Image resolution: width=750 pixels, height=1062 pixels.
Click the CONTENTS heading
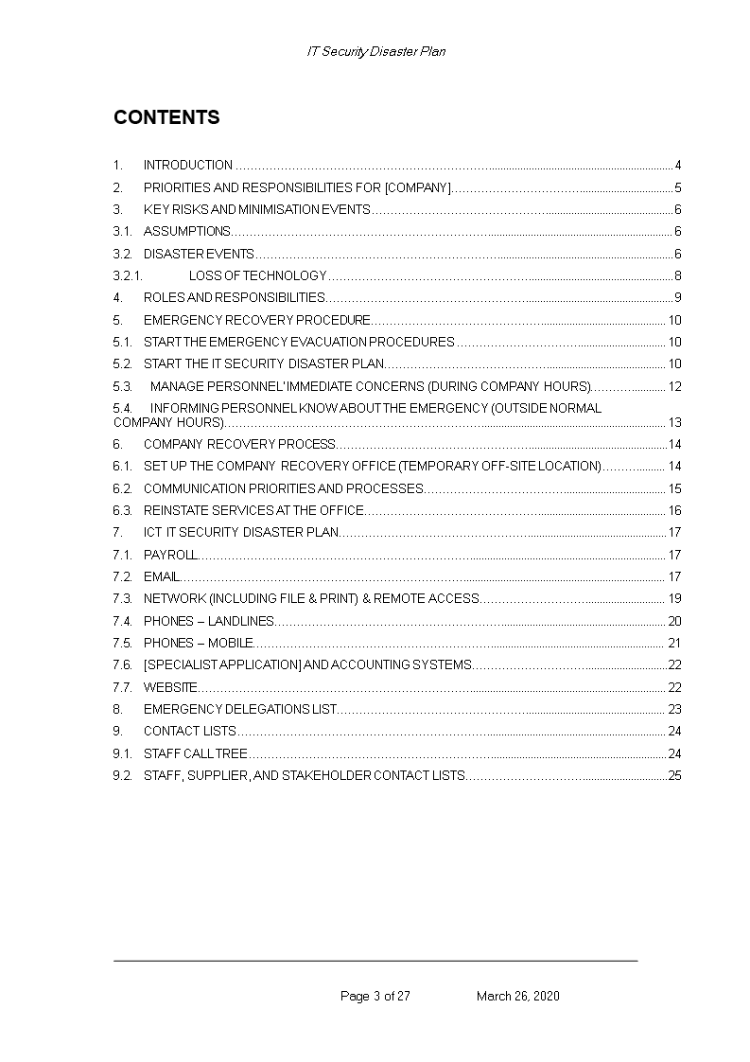pyautogui.click(x=166, y=117)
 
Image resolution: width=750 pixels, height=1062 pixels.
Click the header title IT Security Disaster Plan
pyautogui.click(x=375, y=52)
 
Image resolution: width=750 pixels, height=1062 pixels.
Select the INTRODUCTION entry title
pyautogui.click(x=187, y=165)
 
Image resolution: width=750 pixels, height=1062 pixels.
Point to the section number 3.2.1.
pyautogui.click(x=128, y=276)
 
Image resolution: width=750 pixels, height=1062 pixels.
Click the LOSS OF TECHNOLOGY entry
pyautogui.click(x=257, y=276)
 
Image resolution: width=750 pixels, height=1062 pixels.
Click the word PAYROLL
pyautogui.click(x=170, y=555)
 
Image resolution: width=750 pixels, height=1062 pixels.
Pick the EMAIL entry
pyautogui.click(x=161, y=576)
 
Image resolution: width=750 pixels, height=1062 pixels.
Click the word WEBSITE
pyautogui.click(x=170, y=687)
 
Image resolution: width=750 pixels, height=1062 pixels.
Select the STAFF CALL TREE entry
pyautogui.click(x=195, y=753)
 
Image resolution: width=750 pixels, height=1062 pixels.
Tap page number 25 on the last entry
pyautogui.click(x=674, y=776)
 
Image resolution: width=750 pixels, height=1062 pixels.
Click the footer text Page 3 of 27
pyautogui.click(x=375, y=996)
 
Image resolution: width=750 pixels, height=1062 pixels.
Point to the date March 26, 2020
pyautogui.click(x=517, y=996)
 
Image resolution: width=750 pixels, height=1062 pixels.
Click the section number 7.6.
pyautogui.click(x=122, y=664)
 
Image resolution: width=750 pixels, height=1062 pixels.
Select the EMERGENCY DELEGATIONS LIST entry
pyautogui.click(x=240, y=709)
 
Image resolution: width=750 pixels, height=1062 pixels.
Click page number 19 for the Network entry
pyautogui.click(x=674, y=598)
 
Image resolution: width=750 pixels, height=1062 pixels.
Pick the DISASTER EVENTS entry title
pyautogui.click(x=199, y=254)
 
